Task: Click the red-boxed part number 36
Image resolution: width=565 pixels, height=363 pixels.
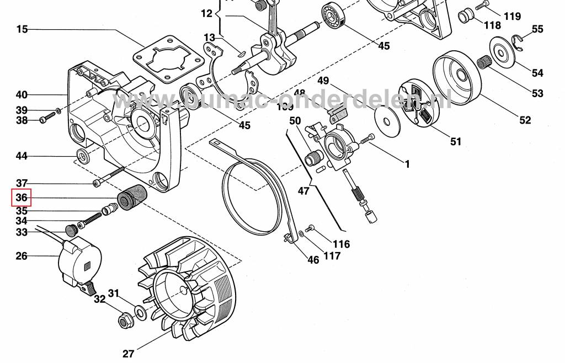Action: (21, 197)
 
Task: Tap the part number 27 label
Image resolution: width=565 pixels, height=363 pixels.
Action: (128, 354)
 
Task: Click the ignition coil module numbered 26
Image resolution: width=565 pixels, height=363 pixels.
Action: (81, 261)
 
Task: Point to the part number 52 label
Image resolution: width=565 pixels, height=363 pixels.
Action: (525, 120)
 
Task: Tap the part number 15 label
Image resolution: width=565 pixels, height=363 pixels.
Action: (22, 29)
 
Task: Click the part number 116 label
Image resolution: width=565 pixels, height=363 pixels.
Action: (341, 244)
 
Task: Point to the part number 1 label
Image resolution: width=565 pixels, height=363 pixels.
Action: (407, 164)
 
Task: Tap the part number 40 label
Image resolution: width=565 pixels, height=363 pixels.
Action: (22, 94)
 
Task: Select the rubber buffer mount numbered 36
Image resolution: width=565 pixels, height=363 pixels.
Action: (132, 197)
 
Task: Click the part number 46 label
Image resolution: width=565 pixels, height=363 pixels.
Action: (313, 260)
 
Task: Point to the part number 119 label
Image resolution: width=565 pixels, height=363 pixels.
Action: (512, 17)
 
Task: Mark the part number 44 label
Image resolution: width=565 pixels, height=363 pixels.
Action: (22, 156)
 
